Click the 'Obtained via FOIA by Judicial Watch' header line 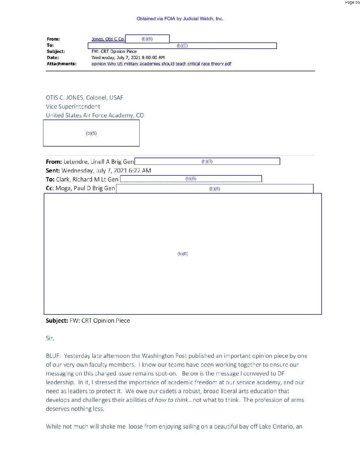[180, 19]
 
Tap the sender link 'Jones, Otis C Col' [108, 39]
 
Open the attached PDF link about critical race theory [161, 64]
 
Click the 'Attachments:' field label [62, 64]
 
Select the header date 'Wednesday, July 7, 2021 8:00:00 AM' [128, 58]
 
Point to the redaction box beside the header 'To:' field [182, 46]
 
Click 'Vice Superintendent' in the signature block [73, 107]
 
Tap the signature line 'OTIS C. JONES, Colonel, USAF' [84, 98]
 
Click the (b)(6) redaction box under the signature [91, 133]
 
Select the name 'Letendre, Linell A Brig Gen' [99, 162]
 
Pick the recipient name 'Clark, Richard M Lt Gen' [87, 179]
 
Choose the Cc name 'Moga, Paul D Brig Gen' [85, 188]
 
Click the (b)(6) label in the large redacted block [183, 254]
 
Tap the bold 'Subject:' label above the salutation [57, 321]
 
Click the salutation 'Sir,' [50, 338]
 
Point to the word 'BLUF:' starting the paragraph [53, 356]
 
